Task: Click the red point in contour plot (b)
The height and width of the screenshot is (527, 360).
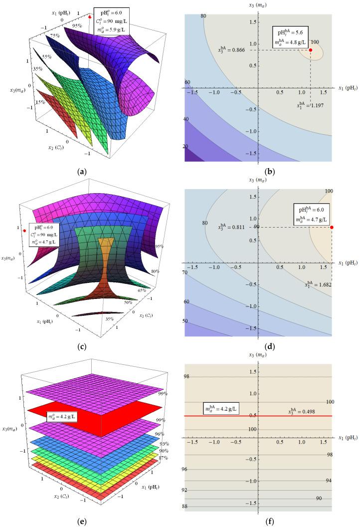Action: [310, 50]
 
